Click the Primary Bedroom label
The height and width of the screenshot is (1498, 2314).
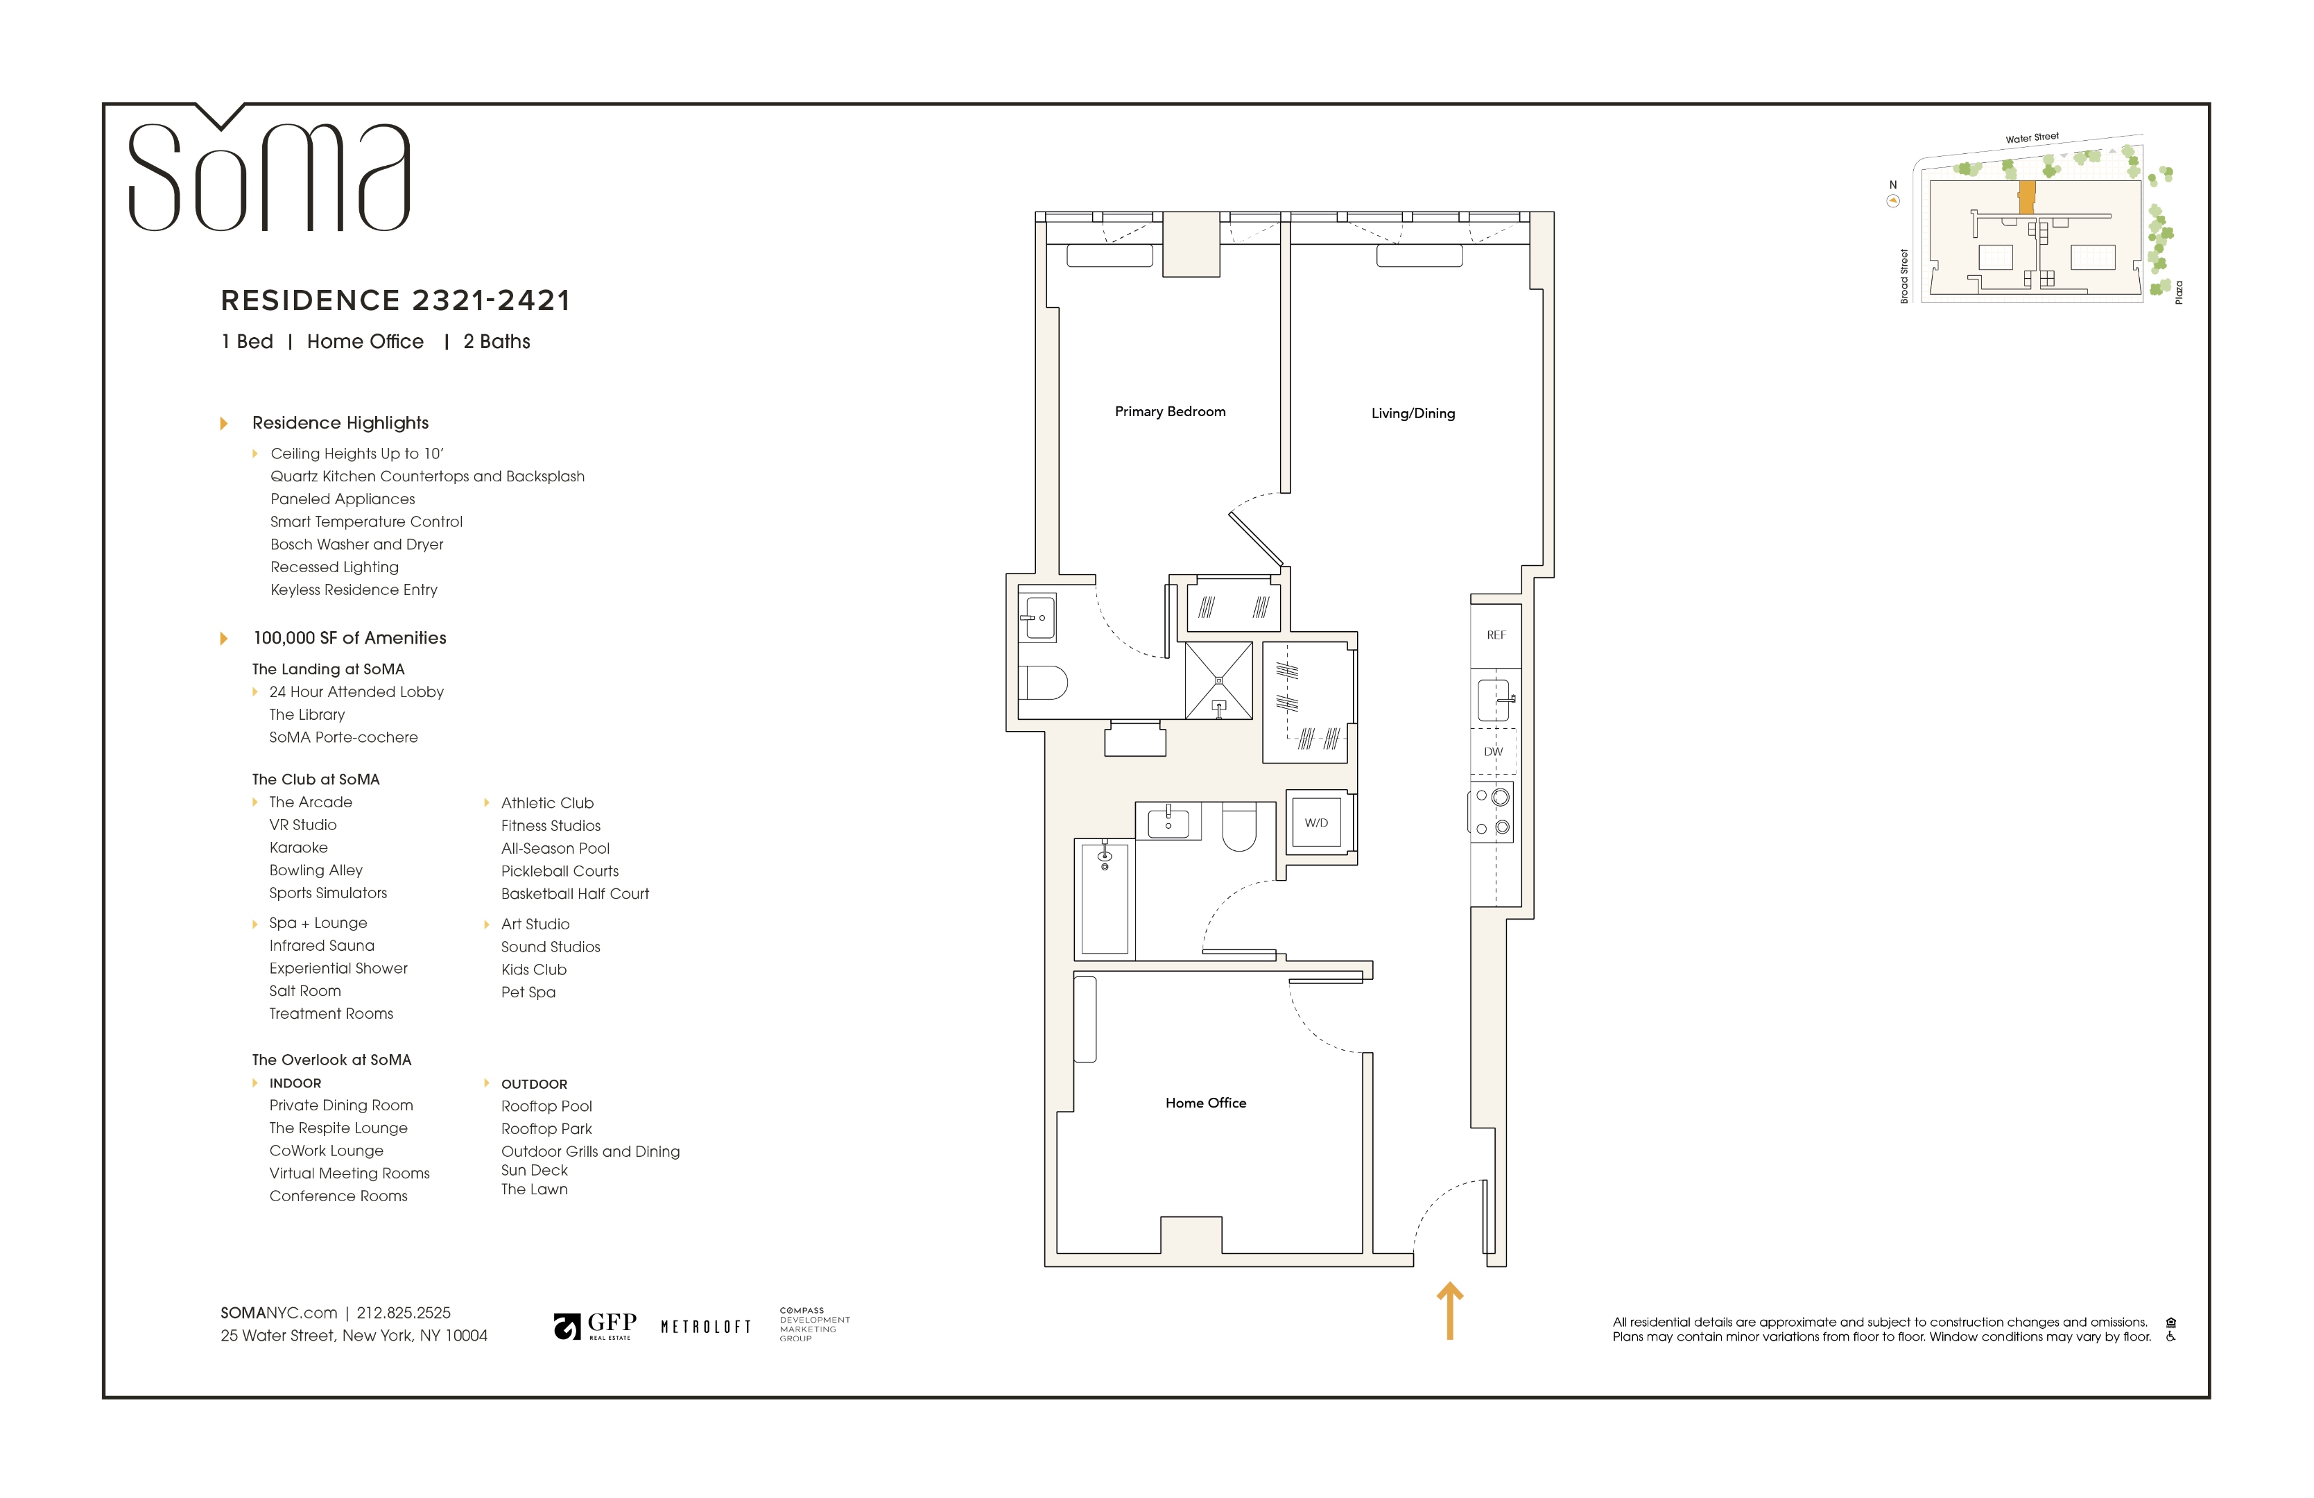[x=1170, y=411]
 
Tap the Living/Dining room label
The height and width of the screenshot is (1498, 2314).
[x=1413, y=413]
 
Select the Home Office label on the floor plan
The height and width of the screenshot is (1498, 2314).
[x=1206, y=1103]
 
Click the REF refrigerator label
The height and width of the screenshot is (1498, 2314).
[x=1495, y=635]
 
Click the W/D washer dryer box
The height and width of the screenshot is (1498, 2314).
[x=1316, y=823]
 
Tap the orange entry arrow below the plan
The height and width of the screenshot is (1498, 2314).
[x=1450, y=1310]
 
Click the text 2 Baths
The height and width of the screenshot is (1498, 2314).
[x=497, y=341]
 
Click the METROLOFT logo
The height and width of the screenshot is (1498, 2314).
[x=706, y=1327]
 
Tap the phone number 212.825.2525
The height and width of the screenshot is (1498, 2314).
[x=404, y=1312]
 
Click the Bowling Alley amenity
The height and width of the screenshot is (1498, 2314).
[x=316, y=870]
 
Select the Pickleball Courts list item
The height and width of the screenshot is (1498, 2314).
[x=560, y=871]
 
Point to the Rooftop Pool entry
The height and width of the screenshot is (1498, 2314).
[x=546, y=1106]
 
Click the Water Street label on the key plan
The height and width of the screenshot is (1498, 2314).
[x=2032, y=138]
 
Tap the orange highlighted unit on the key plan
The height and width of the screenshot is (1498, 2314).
[x=2026, y=198]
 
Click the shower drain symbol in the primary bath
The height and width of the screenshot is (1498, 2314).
[x=1218, y=680]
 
